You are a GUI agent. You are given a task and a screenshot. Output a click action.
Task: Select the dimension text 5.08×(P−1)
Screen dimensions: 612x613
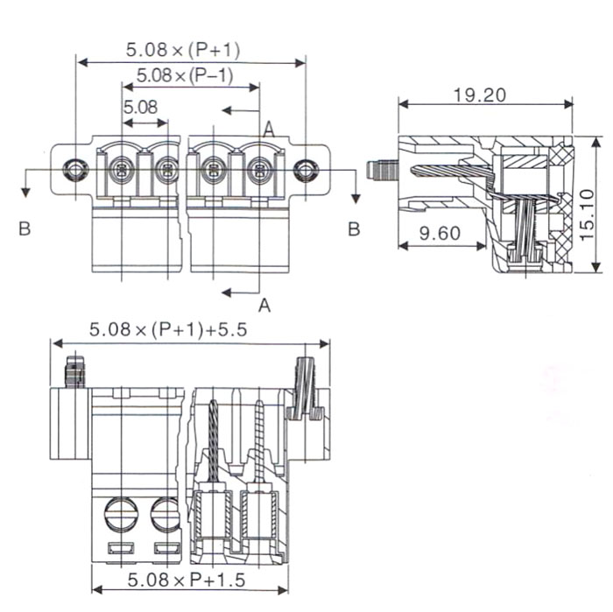click(184, 75)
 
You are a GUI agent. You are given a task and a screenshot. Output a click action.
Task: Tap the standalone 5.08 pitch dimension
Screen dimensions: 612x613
click(140, 108)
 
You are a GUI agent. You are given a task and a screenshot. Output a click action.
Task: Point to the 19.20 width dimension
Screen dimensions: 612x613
click(480, 95)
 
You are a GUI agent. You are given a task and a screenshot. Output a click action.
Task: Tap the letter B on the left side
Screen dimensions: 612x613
click(25, 229)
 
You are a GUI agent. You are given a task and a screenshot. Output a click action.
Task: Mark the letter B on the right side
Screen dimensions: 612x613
click(354, 229)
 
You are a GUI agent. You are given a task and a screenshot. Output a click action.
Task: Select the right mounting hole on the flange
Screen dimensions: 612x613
click(304, 170)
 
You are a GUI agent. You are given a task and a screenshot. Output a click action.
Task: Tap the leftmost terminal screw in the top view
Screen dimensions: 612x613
click(121, 169)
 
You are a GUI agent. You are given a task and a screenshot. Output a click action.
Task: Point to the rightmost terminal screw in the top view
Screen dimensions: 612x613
click(258, 170)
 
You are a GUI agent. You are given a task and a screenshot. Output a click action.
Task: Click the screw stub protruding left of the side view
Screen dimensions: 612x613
click(380, 170)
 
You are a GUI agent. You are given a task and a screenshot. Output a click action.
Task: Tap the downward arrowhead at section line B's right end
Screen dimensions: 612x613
click(356, 193)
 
